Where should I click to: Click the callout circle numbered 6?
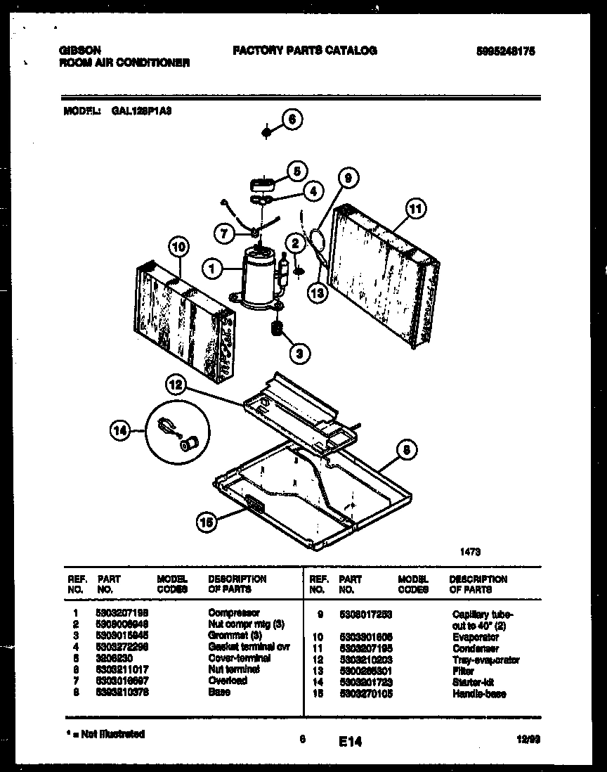292,120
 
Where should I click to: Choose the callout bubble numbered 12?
176,385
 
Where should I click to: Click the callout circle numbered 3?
300,354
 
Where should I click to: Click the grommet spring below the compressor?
277,328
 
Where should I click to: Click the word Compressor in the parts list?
234,613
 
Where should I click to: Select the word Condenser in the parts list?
476,648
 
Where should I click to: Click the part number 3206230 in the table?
112,658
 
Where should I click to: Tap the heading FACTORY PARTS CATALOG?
304,51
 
